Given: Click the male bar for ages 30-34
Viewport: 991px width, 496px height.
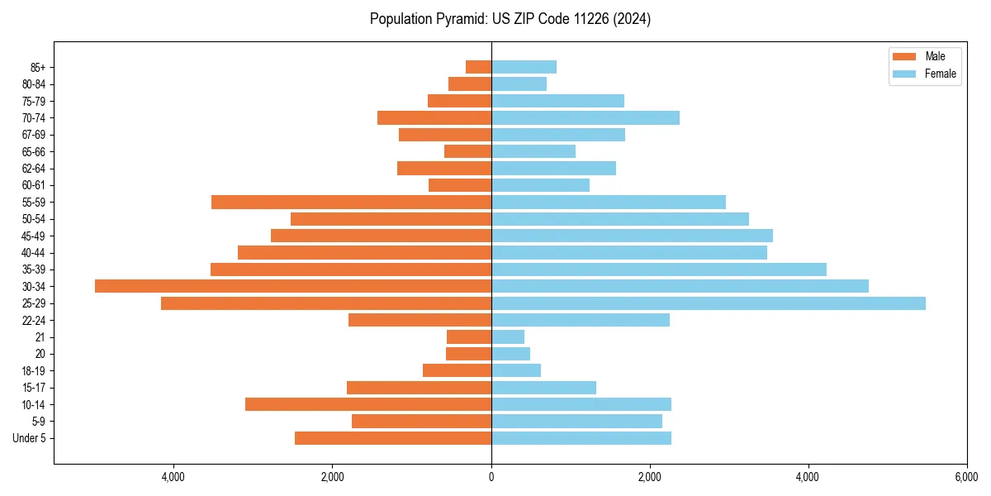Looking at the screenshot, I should click(293, 286).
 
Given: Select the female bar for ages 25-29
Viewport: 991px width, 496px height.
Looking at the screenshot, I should click(709, 303).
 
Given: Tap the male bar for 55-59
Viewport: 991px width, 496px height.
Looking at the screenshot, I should click(351, 202).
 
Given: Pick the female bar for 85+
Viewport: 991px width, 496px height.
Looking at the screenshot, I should click(524, 67).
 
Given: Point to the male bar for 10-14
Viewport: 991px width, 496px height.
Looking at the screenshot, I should click(368, 404).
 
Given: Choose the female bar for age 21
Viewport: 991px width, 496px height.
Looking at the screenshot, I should click(508, 336).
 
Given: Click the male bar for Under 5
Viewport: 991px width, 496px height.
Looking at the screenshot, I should click(393, 438).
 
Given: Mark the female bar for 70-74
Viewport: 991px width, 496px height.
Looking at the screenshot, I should click(586, 117).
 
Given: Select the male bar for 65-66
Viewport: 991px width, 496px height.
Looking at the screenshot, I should click(467, 151).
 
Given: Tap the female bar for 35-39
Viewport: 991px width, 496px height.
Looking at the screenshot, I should click(659, 269).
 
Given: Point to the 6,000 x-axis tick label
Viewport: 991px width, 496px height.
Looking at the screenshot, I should click(966, 477).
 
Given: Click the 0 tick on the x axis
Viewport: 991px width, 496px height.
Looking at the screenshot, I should click(491, 477).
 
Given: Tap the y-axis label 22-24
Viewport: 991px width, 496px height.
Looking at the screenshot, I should click(34, 320).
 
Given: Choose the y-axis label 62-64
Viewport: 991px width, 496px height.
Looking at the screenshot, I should click(34, 169).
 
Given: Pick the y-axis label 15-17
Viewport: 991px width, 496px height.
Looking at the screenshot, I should click(34, 388).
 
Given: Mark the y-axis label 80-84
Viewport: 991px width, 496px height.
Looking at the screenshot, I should click(34, 84).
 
